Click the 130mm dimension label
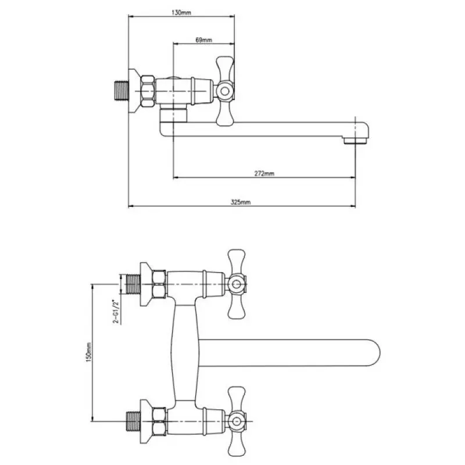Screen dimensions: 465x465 click(x=181, y=12)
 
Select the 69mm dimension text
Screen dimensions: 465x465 click(x=204, y=40)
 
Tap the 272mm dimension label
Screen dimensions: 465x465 click(x=264, y=173)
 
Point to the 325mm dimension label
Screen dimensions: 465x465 click(x=241, y=202)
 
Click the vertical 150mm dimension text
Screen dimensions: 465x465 click(x=88, y=352)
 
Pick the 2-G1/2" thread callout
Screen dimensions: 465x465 click(x=116, y=312)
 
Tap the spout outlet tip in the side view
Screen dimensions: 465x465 click(x=356, y=140)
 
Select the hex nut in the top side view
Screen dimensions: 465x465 click(x=148, y=91)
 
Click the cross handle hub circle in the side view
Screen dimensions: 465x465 click(x=224, y=91)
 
